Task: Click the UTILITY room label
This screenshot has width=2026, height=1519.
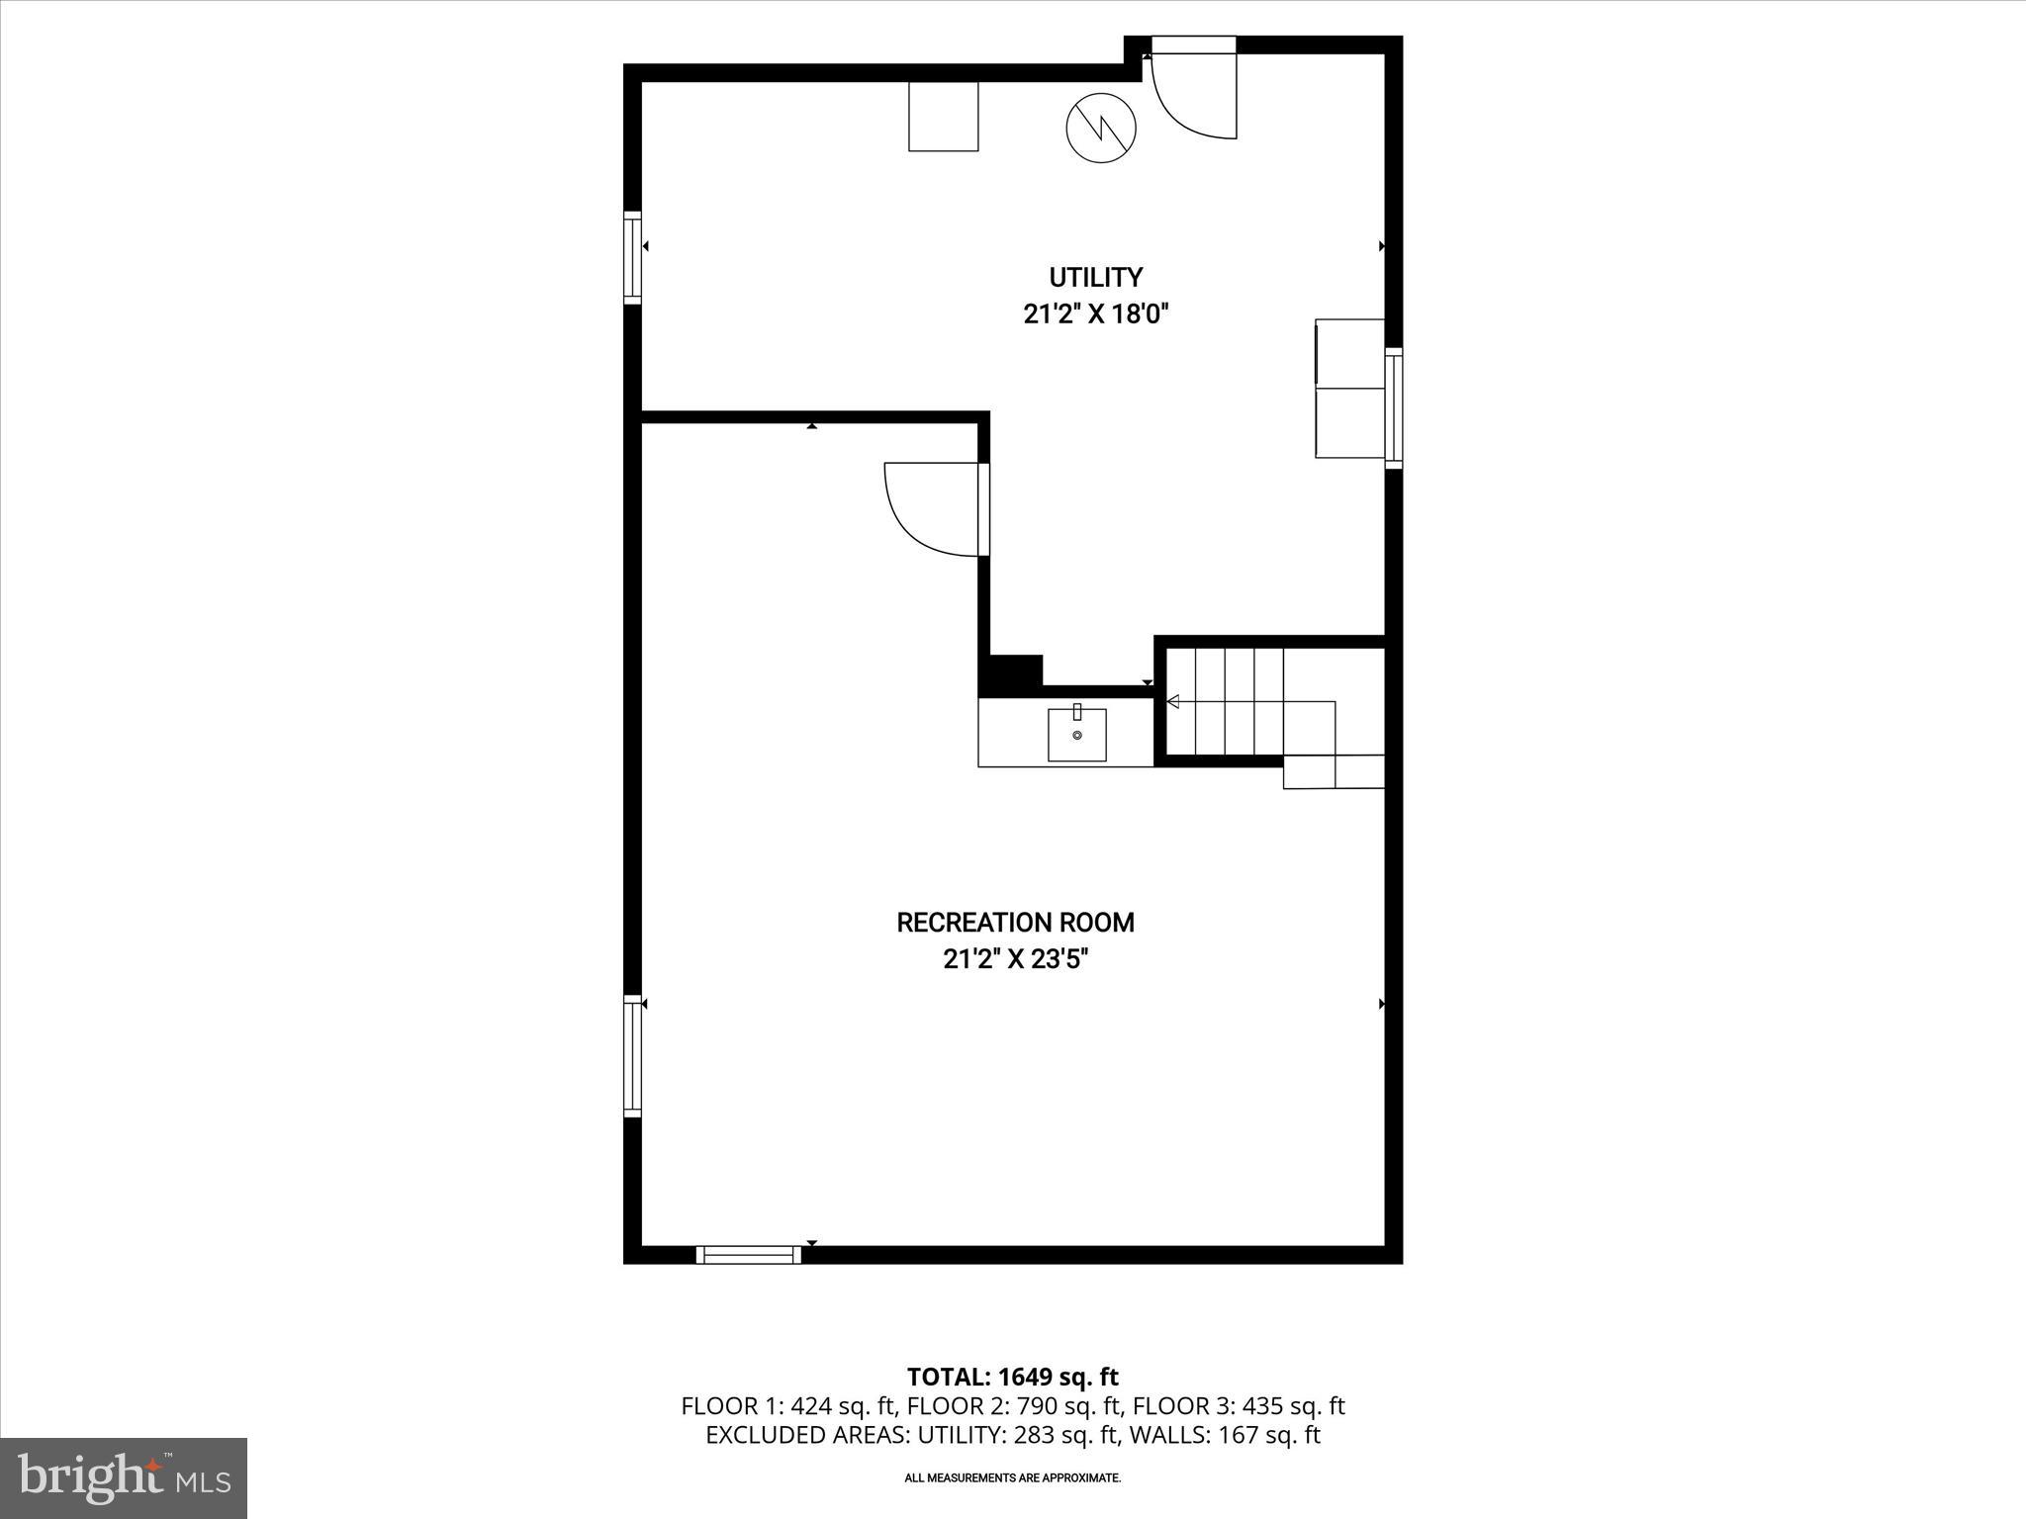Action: pyautogui.click(x=1095, y=277)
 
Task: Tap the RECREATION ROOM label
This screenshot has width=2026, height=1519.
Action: pyautogui.click(x=1015, y=923)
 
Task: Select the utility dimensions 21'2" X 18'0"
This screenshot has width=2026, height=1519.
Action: pyautogui.click(x=1095, y=315)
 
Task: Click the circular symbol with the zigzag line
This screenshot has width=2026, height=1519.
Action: pyautogui.click(x=1101, y=127)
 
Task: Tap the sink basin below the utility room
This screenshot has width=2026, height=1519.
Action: pyautogui.click(x=1077, y=733)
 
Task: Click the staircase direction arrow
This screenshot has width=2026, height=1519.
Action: pyautogui.click(x=1174, y=702)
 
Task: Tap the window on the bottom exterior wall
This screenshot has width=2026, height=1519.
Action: pyautogui.click(x=749, y=1255)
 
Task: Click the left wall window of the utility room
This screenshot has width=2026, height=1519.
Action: pyautogui.click(x=632, y=256)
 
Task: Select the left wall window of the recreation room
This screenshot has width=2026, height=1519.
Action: pyautogui.click(x=632, y=1056)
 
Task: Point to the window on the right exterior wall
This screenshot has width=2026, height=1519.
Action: pyautogui.click(x=1394, y=407)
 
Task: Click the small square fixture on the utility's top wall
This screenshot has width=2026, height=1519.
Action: pyautogui.click(x=944, y=116)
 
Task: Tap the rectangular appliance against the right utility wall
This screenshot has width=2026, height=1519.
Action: pyautogui.click(x=1349, y=389)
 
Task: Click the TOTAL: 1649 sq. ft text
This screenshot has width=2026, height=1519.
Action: pyautogui.click(x=1012, y=1377)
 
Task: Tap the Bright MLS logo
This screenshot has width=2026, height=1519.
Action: pyautogui.click(x=124, y=1477)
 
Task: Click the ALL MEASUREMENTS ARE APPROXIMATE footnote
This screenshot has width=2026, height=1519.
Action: pyautogui.click(x=1012, y=1478)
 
